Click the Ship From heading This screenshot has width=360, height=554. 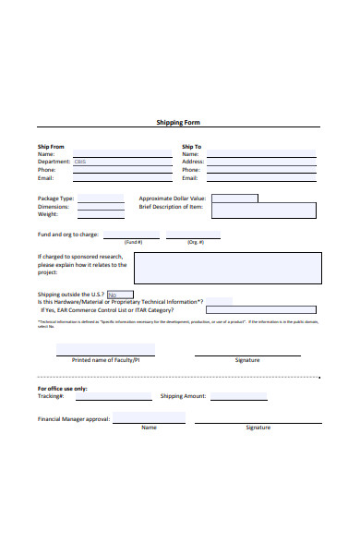51,146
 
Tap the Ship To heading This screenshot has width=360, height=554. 191,146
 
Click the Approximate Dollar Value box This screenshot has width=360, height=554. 234,199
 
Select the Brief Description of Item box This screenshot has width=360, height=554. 275,210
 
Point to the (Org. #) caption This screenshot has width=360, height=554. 195,242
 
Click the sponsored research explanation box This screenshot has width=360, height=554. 227,269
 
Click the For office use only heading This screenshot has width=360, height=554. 63,388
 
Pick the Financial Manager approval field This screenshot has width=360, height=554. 149,418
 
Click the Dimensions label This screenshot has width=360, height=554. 54,207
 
